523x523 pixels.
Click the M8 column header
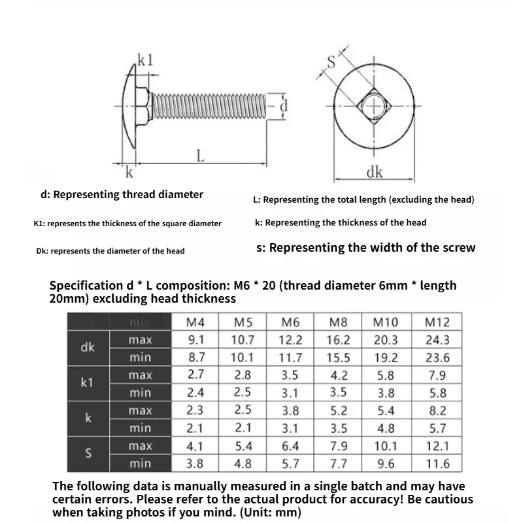coord(338,322)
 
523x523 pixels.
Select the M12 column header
coord(437,322)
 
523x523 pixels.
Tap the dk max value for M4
coord(195,340)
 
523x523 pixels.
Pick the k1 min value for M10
coord(386,393)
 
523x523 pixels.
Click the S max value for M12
coord(437,446)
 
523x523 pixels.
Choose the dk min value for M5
coord(243,358)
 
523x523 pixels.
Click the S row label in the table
coord(88,454)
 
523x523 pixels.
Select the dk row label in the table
coord(88,348)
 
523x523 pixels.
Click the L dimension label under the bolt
coord(201,156)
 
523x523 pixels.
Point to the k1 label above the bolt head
coord(145,61)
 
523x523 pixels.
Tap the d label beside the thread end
coord(282,105)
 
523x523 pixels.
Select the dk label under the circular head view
coord(374,173)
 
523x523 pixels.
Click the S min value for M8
coord(338,464)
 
